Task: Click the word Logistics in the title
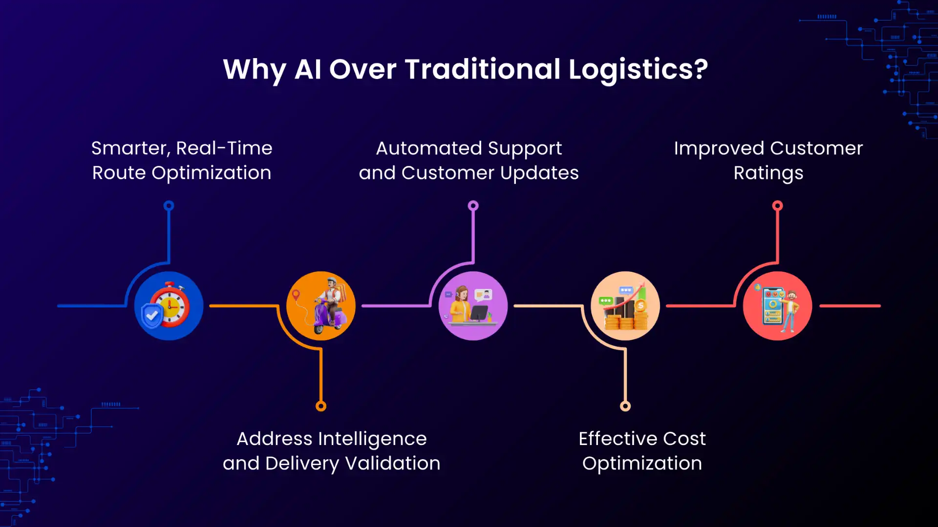point(631,70)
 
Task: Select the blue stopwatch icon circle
point(169,306)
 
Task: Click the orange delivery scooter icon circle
point(321,306)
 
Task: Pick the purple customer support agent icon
point(473,306)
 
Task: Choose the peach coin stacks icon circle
point(625,306)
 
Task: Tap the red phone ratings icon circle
point(777,306)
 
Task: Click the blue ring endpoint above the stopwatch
point(169,205)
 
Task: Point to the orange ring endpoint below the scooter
point(321,406)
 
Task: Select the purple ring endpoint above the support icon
point(473,205)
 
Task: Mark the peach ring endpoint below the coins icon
point(625,406)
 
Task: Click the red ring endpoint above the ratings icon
point(777,205)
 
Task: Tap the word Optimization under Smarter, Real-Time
point(211,173)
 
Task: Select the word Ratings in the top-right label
point(768,173)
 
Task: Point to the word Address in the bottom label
point(274,439)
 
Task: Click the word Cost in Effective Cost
point(684,439)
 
